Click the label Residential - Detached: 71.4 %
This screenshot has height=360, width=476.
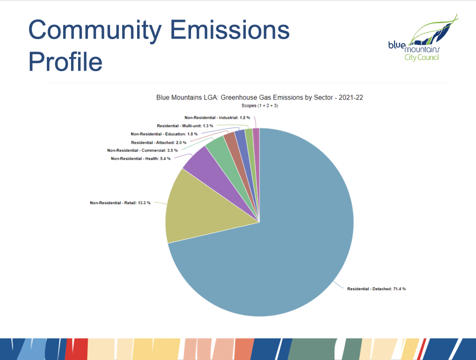[377, 289]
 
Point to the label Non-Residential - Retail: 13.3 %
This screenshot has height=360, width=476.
[120, 203]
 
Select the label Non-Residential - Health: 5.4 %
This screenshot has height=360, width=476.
[140, 159]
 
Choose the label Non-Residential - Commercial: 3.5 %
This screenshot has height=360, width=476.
[142, 150]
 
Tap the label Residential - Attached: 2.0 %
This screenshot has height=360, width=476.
[159, 142]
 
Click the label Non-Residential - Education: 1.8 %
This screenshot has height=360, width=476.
[164, 134]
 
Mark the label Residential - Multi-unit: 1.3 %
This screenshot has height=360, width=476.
[185, 126]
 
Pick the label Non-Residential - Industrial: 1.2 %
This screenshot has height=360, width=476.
[217, 118]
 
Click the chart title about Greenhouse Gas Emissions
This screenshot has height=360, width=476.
[259, 98]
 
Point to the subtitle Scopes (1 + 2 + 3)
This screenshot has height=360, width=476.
[259, 106]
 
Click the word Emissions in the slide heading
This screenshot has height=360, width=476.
[230, 30]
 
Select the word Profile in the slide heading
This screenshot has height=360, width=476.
[65, 61]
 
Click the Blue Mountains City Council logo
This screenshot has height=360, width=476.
[423, 38]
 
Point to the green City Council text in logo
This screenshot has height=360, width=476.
[422, 57]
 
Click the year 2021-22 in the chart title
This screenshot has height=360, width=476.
[351, 98]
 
